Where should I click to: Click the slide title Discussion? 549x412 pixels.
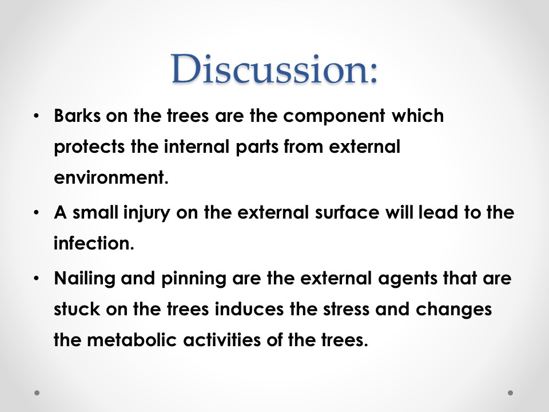point(274,69)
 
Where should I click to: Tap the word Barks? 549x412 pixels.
point(77,115)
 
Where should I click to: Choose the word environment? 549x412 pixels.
point(112,177)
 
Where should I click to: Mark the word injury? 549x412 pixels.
point(147,213)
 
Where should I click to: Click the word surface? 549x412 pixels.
point(347,212)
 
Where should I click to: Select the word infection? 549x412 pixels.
point(94,243)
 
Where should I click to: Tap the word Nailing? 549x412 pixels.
point(85,279)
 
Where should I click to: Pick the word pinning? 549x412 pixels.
point(194,279)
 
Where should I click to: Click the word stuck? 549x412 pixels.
point(77,309)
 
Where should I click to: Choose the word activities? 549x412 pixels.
point(222,340)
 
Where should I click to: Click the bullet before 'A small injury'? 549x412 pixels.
point(36,213)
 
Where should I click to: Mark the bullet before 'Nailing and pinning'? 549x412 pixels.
point(36,279)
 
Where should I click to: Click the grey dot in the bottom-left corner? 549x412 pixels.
point(37,393)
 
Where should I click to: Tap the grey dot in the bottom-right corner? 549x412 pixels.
point(511,393)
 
